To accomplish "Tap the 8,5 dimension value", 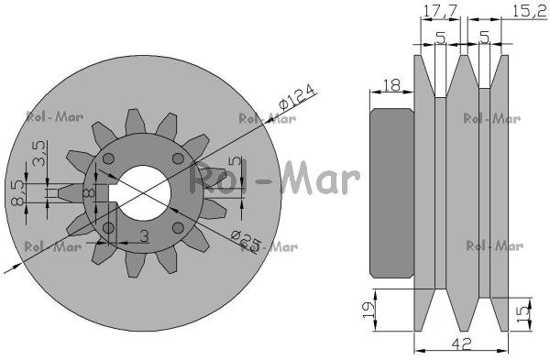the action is point(17,192).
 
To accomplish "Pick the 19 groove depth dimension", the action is point(368,310).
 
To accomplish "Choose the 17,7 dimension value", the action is point(440,11).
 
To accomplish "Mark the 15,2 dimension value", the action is point(529,11).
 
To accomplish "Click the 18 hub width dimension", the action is point(391,85).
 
